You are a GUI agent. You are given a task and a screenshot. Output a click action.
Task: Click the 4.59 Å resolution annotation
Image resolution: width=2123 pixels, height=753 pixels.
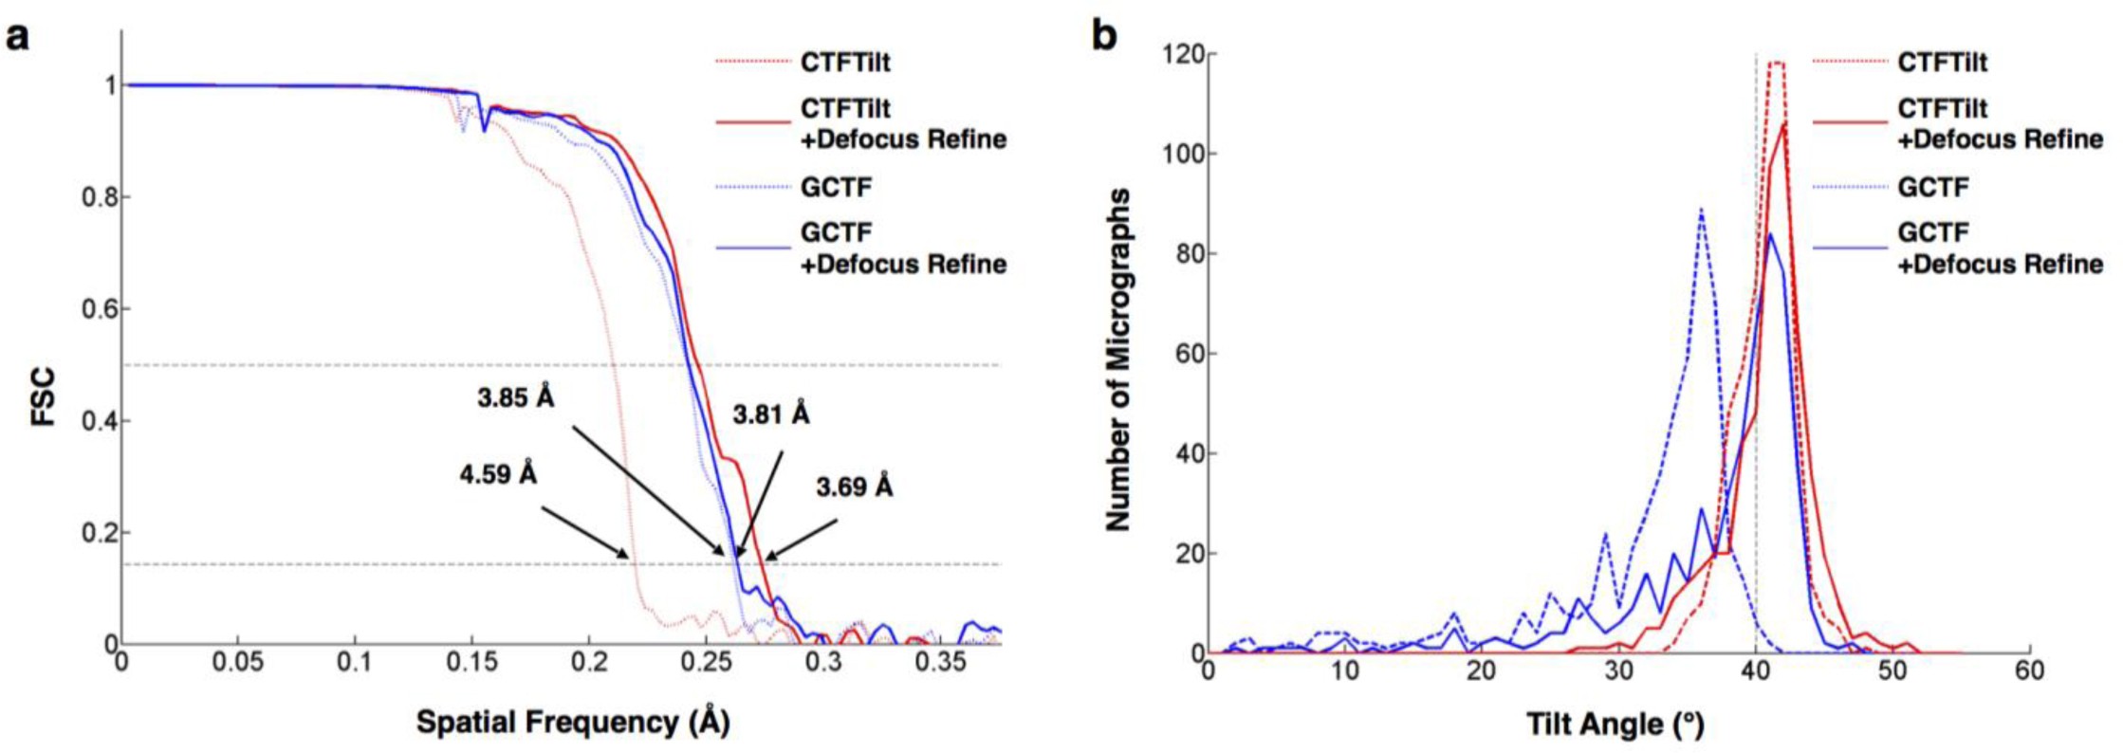coord(498,473)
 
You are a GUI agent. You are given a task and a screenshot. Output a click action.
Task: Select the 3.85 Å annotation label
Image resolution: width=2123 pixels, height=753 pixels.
coord(515,397)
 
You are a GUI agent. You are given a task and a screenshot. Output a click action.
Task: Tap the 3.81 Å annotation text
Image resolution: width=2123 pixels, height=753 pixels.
coord(770,414)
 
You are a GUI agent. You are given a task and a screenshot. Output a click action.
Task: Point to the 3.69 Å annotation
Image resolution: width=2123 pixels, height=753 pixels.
coord(854,487)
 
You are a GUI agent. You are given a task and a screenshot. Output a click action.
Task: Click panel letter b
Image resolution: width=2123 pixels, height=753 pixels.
coord(1104,36)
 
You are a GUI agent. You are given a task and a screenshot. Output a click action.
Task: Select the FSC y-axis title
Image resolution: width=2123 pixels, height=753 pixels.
coord(44,396)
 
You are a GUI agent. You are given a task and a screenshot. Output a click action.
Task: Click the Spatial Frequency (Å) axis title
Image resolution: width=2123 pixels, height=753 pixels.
coord(573,723)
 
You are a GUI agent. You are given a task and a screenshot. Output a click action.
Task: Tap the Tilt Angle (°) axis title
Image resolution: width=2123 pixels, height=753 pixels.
coord(1615,725)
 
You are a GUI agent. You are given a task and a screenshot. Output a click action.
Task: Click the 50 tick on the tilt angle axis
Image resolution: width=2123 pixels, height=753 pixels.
coord(1892,671)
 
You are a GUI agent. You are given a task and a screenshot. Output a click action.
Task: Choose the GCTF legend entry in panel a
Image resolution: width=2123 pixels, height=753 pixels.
coord(835,187)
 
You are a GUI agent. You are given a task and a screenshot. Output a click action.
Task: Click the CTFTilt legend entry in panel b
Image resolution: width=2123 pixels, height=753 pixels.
coord(1941,63)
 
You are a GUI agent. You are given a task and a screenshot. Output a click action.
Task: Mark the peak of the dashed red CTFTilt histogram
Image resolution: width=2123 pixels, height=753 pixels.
coord(1777,64)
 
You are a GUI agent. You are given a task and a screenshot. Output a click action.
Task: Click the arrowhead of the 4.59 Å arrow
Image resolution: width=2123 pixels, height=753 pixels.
coord(626,557)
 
